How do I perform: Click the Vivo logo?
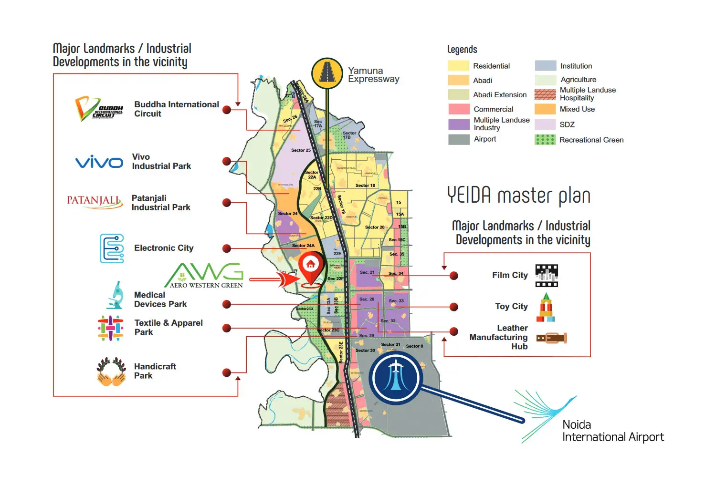99,162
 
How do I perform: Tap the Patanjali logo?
94,201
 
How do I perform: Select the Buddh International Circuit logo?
99,109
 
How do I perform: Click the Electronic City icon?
112,248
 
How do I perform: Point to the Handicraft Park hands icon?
111,371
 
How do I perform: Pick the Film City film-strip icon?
547,276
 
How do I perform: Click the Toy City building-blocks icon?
546,307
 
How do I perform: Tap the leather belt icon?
551,338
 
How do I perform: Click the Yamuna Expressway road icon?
327,73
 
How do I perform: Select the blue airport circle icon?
396,377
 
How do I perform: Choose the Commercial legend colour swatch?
459,109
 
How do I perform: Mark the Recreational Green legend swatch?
545,140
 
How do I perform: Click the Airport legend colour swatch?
459,139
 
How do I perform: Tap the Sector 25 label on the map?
301,150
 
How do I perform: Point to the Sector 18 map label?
365,186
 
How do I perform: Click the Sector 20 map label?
375,227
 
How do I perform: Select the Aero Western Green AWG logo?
205,275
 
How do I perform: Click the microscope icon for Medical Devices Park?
115,295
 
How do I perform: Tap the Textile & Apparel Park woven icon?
111,328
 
